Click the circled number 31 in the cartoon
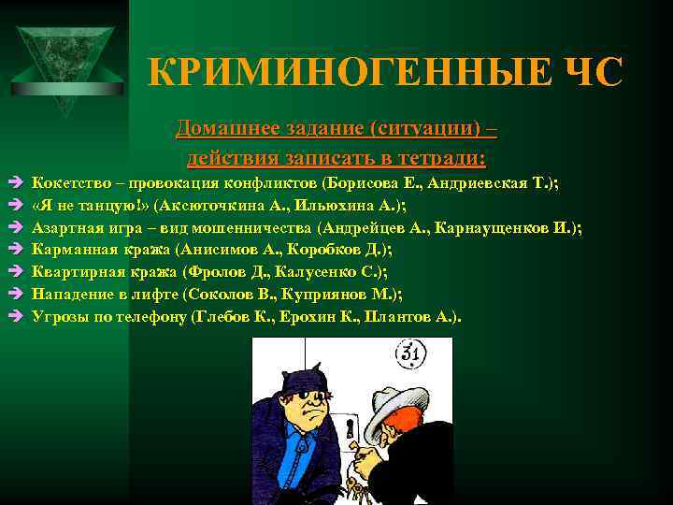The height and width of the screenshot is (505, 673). (x=408, y=353)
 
